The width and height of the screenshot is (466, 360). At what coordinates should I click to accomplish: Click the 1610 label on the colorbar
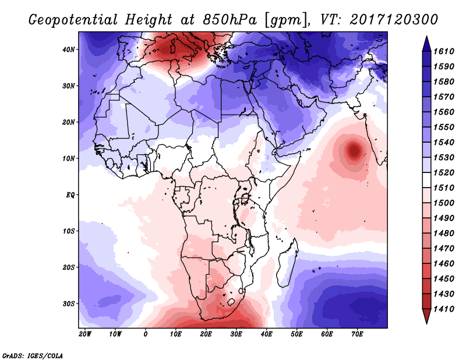[448, 51]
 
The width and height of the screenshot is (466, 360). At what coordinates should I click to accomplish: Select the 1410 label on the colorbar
[448, 308]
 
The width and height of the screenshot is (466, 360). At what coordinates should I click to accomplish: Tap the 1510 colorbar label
[448, 188]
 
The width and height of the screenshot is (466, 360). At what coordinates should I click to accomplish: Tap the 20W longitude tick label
[84, 334]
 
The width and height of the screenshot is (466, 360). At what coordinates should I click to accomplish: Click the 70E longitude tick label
[357, 334]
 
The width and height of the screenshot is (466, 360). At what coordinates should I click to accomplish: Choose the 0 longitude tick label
[145, 334]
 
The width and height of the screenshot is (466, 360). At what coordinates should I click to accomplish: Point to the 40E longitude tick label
[266, 334]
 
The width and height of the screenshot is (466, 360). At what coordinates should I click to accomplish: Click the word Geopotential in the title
[69, 19]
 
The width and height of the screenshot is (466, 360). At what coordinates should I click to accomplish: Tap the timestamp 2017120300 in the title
[394, 19]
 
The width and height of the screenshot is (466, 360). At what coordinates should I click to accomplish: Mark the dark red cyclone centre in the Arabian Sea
[354, 151]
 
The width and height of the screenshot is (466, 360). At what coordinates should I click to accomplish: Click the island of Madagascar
[290, 256]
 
